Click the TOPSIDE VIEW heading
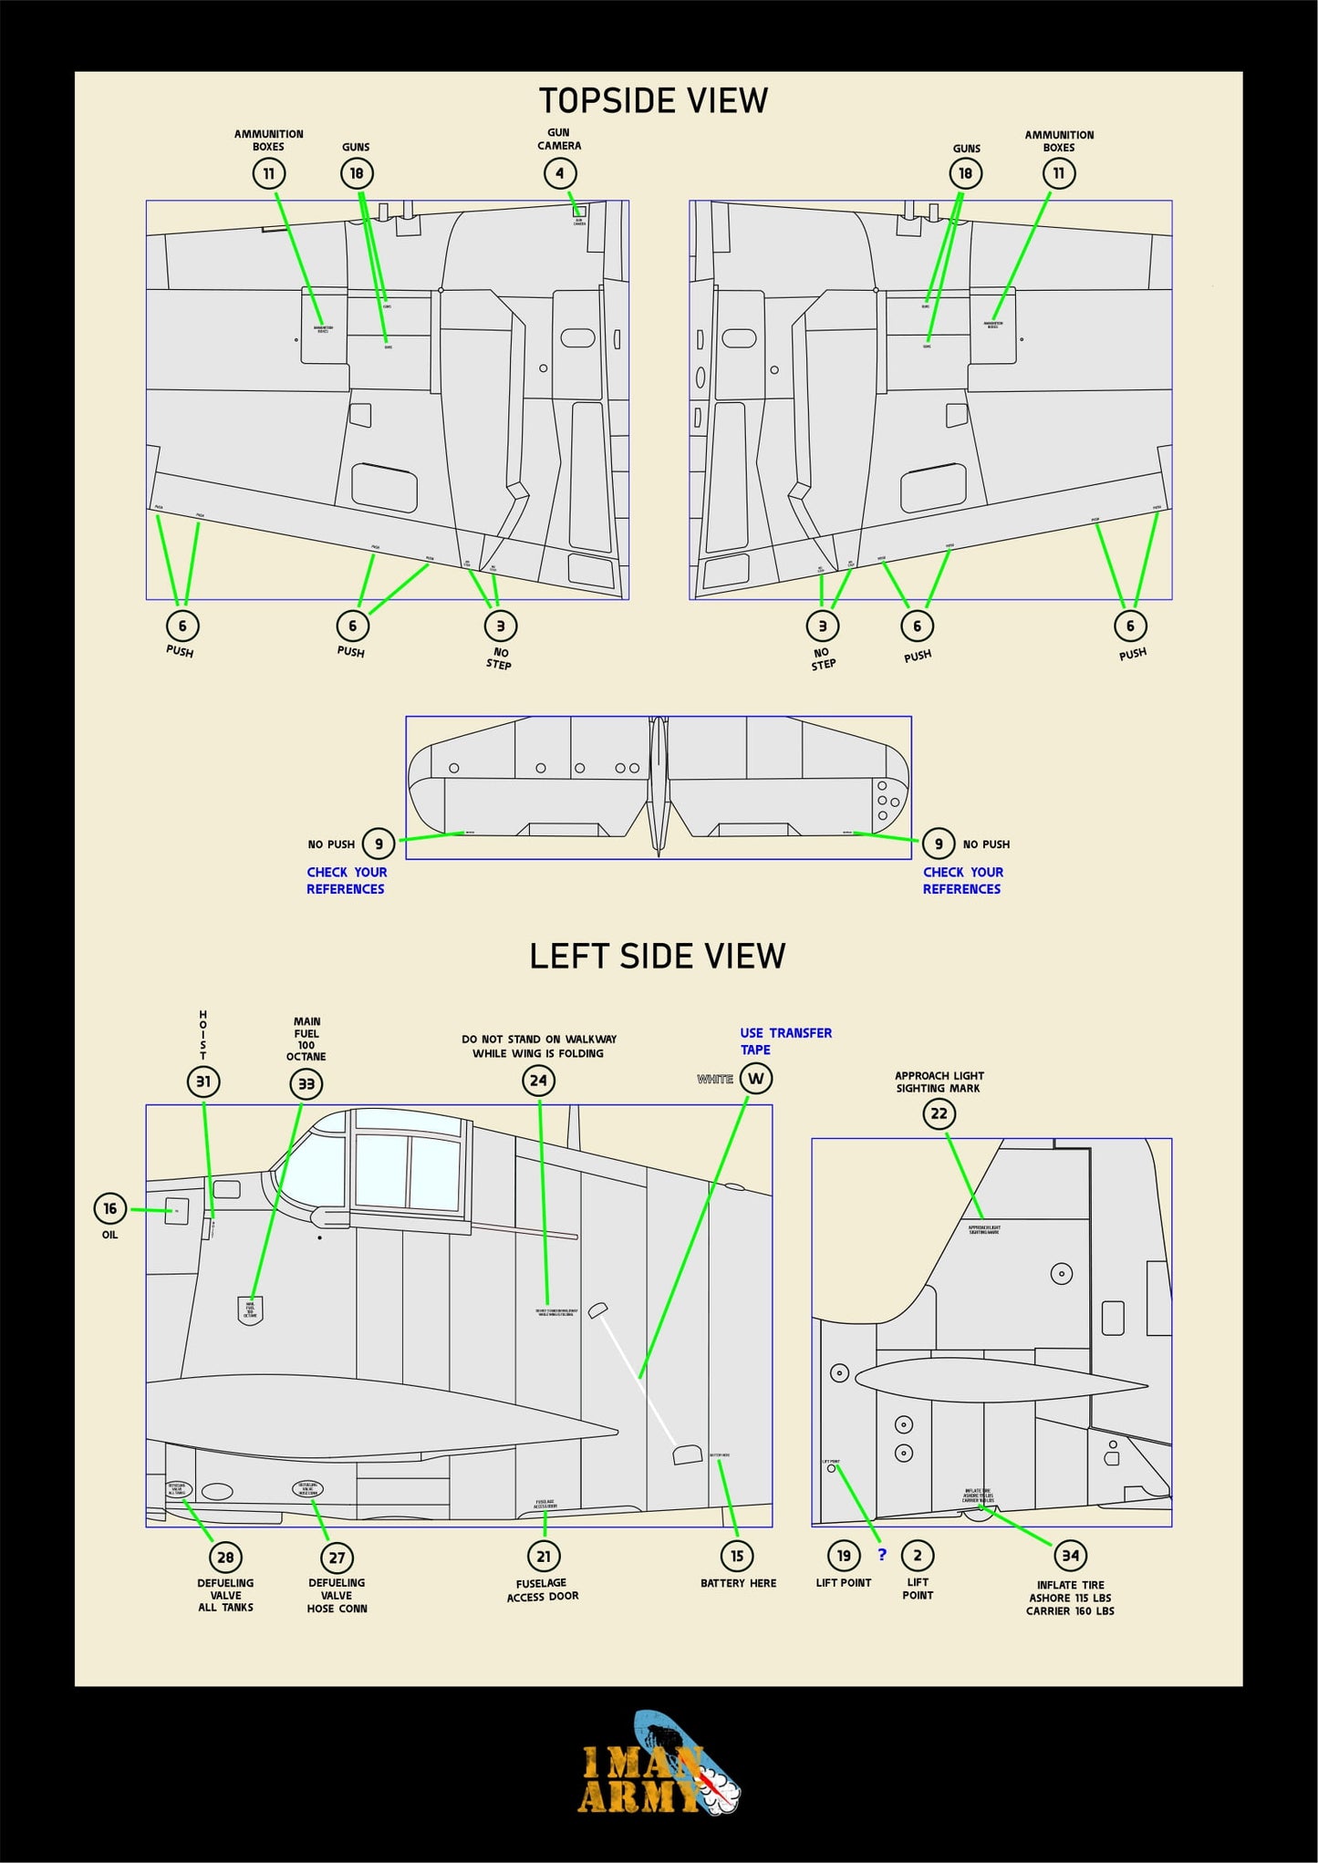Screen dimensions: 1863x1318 653,100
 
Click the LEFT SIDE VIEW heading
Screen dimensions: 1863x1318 657,956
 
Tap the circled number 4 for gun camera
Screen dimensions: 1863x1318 559,173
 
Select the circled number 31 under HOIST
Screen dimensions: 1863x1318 203,1082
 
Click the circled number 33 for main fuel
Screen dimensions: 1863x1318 306,1083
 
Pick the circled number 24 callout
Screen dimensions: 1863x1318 538,1081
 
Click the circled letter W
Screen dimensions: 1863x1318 755,1079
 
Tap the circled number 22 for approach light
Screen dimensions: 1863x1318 939,1113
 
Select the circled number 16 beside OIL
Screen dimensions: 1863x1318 110,1208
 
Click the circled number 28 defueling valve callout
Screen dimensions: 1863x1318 225,1558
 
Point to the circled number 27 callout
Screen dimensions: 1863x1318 337,1558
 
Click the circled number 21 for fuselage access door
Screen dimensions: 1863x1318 544,1557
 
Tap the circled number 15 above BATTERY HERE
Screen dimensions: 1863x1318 737,1557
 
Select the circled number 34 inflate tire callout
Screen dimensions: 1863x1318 1070,1556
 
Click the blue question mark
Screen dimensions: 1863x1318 881,1555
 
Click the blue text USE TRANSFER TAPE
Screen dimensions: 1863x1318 784,1040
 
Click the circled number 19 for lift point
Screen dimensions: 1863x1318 844,1556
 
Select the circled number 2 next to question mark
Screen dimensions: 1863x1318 917,1556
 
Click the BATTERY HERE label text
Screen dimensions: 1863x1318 738,1583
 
